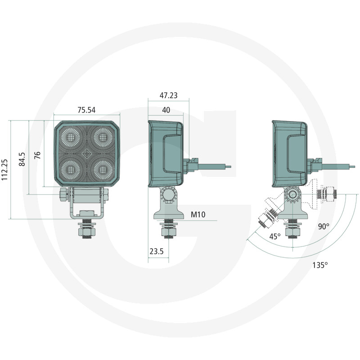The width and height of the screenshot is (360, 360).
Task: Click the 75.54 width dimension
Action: (86, 110)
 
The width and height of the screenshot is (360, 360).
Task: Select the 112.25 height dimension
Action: (4, 170)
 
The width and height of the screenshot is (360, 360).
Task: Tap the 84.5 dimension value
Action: (22, 159)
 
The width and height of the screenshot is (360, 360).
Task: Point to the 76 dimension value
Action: (37, 155)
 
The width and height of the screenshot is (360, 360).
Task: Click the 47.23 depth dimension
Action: (168, 95)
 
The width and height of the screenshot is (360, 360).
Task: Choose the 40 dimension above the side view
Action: (166, 110)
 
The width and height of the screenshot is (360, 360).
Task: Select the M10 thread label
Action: (198, 215)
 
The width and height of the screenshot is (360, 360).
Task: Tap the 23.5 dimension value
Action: (157, 252)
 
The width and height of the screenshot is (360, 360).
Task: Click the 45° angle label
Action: (275, 236)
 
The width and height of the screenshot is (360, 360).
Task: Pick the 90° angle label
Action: (324, 226)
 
